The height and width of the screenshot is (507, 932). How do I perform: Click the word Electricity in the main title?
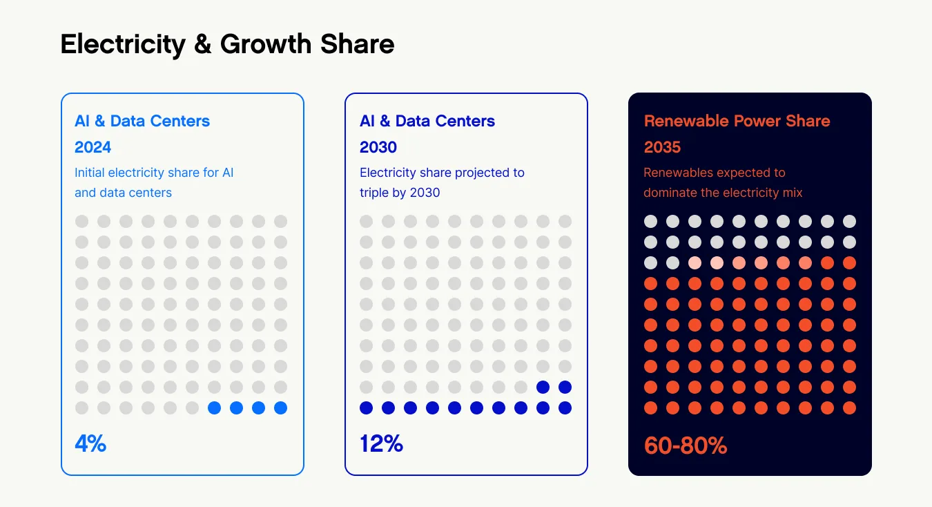(x=123, y=44)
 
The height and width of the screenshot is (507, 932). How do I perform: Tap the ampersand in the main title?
(x=202, y=44)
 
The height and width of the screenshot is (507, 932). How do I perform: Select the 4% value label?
(x=90, y=443)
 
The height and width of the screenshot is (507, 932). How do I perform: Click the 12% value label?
(x=381, y=443)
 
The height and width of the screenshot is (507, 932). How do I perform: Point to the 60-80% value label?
(x=686, y=446)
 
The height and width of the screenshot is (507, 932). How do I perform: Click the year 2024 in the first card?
(x=93, y=147)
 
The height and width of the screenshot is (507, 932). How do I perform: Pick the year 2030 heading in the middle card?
(x=378, y=147)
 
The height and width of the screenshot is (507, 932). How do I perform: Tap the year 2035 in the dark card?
(x=662, y=147)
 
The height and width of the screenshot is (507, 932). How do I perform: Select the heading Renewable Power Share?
(x=737, y=121)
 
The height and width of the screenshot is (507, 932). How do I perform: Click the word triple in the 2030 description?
(x=376, y=192)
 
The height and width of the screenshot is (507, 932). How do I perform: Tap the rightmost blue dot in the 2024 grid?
(x=280, y=408)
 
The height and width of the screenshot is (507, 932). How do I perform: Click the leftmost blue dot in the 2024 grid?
(x=214, y=408)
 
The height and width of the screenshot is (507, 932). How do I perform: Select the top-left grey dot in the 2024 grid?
(x=81, y=221)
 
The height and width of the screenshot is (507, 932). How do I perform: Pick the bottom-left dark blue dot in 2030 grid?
(x=366, y=408)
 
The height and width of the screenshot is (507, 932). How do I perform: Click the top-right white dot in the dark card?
(x=849, y=221)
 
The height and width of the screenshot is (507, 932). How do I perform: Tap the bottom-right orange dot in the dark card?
(x=849, y=408)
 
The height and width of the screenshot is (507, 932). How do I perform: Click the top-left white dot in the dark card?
(x=650, y=221)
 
